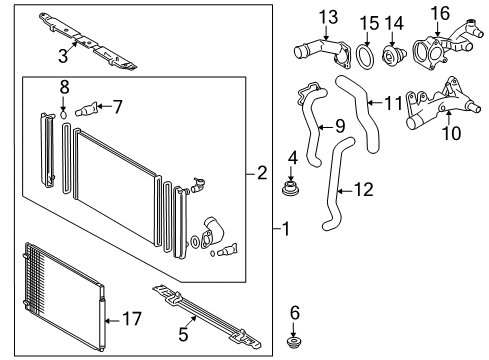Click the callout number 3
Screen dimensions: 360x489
pos(62,56)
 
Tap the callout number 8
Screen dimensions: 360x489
pos(64,87)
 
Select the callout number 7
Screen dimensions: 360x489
pos(118,104)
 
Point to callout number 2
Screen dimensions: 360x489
pos(262,174)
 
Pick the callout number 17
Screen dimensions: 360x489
pos(132,321)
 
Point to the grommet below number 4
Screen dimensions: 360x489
pos(293,186)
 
